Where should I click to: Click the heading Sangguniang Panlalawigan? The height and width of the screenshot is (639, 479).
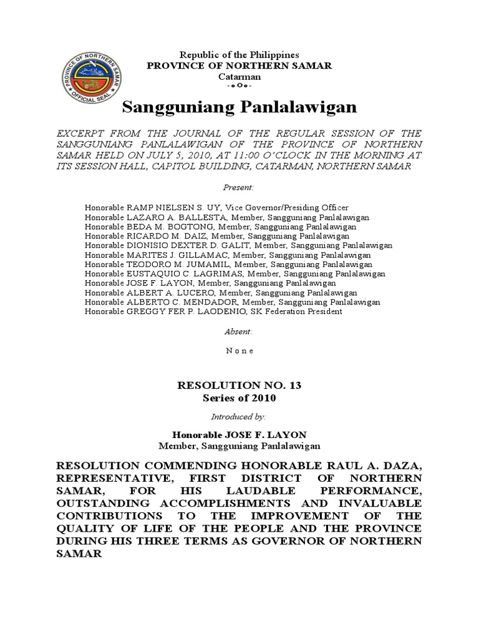pos(239,107)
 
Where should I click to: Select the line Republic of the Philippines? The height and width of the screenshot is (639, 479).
pos(239,56)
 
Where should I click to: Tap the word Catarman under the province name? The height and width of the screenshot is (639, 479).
pos(239,76)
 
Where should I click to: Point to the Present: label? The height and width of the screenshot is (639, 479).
pos(239,187)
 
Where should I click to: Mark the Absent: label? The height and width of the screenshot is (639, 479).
pos(239,332)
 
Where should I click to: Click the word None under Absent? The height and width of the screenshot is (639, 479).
pos(239,351)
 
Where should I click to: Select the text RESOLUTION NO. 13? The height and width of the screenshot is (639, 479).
pos(239,386)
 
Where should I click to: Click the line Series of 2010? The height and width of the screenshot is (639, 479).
pos(239,398)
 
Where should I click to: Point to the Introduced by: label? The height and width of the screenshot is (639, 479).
pos(239,415)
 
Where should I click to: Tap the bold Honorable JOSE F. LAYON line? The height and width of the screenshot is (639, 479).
pos(239,434)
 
